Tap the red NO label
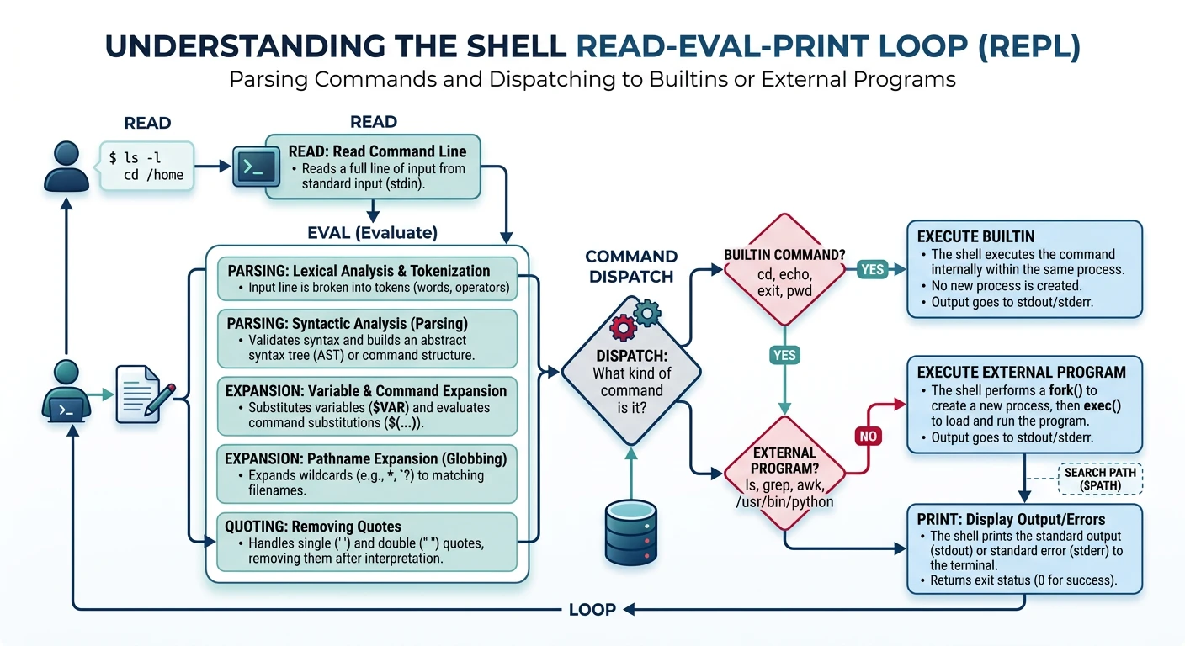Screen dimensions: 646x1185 pyautogui.click(x=867, y=436)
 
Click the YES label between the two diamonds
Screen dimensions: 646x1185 pyautogui.click(x=784, y=355)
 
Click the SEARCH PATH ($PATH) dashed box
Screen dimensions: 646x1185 pyautogui.click(x=1099, y=479)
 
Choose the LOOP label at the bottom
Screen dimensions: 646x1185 pyautogui.click(x=592, y=609)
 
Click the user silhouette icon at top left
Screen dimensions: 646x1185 pyautogui.click(x=66, y=166)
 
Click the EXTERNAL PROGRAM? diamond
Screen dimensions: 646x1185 pyautogui.click(x=784, y=474)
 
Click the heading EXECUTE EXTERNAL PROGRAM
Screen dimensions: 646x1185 pyautogui.click(x=1021, y=372)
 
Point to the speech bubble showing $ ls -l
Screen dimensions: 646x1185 pyautogui.click(x=146, y=165)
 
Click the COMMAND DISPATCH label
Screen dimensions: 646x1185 pyautogui.click(x=631, y=266)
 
